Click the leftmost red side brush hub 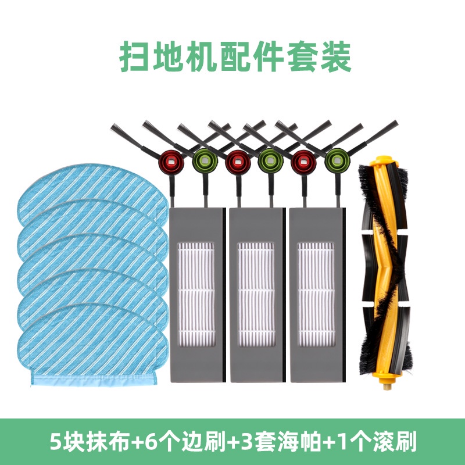coord(171,162)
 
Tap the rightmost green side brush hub coord(337,161)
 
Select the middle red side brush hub coord(238,162)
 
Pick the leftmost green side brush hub coord(205,161)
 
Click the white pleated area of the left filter coord(196,295)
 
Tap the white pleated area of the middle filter coord(256,295)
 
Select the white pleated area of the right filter coord(316,295)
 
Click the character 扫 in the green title coord(134,56)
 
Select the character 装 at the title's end coord(336,56)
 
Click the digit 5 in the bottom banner coord(55,442)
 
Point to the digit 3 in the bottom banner coord(246,442)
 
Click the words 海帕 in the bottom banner coord(299,442)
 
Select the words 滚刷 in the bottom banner coord(395,442)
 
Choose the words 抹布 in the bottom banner coord(108,442)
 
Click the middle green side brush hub coord(270,161)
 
